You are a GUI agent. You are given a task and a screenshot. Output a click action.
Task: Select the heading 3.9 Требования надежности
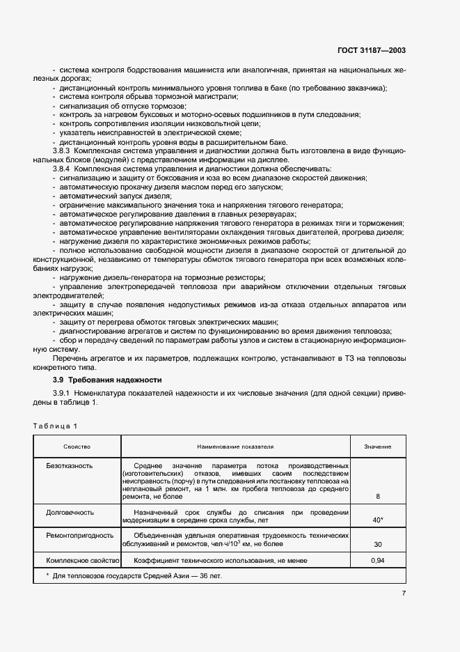pos(107,380)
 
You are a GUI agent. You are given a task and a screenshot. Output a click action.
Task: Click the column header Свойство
pos(77,447)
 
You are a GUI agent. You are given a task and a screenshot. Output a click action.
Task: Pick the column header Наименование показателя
pos(235,447)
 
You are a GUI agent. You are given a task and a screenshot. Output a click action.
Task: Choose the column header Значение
pos(378,447)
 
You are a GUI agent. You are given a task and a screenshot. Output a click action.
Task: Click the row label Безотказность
pos(69,465)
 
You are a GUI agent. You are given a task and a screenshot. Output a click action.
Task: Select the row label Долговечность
pos(70,512)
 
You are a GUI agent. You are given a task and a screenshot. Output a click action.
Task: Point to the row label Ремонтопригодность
pos(77,536)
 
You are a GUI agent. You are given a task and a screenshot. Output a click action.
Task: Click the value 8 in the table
pos(378,496)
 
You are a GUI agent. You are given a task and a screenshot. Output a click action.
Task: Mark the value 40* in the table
pos(378,520)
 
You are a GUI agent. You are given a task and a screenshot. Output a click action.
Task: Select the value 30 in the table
pos(378,544)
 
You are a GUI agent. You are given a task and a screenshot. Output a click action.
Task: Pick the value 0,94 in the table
pos(378,560)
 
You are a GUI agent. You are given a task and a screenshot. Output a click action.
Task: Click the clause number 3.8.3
pos(62,150)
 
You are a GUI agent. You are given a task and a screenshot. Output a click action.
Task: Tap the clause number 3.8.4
pos(62,169)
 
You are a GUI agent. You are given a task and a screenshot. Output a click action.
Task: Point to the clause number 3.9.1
pos(62,395)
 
